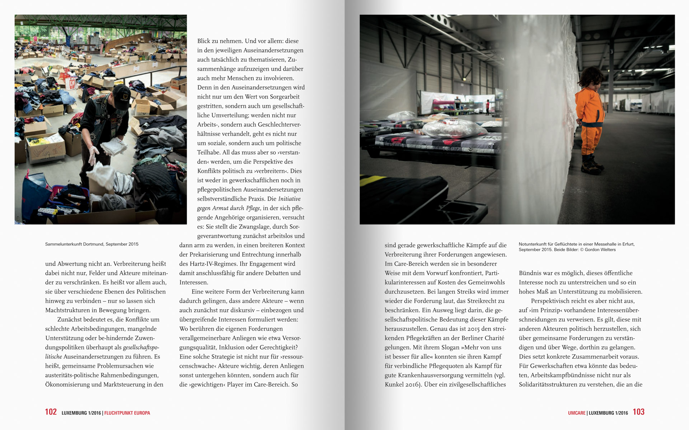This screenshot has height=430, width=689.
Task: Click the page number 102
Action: coord(51,412)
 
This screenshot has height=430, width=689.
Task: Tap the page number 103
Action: coord(638,412)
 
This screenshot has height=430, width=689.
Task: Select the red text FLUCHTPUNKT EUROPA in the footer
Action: coord(127,413)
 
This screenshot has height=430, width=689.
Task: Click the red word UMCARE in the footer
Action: coord(576,413)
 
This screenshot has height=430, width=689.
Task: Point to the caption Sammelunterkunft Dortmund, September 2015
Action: coord(92,244)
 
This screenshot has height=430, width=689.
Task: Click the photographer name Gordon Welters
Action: coord(600,250)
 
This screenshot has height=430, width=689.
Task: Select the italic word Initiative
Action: coord(289,199)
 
